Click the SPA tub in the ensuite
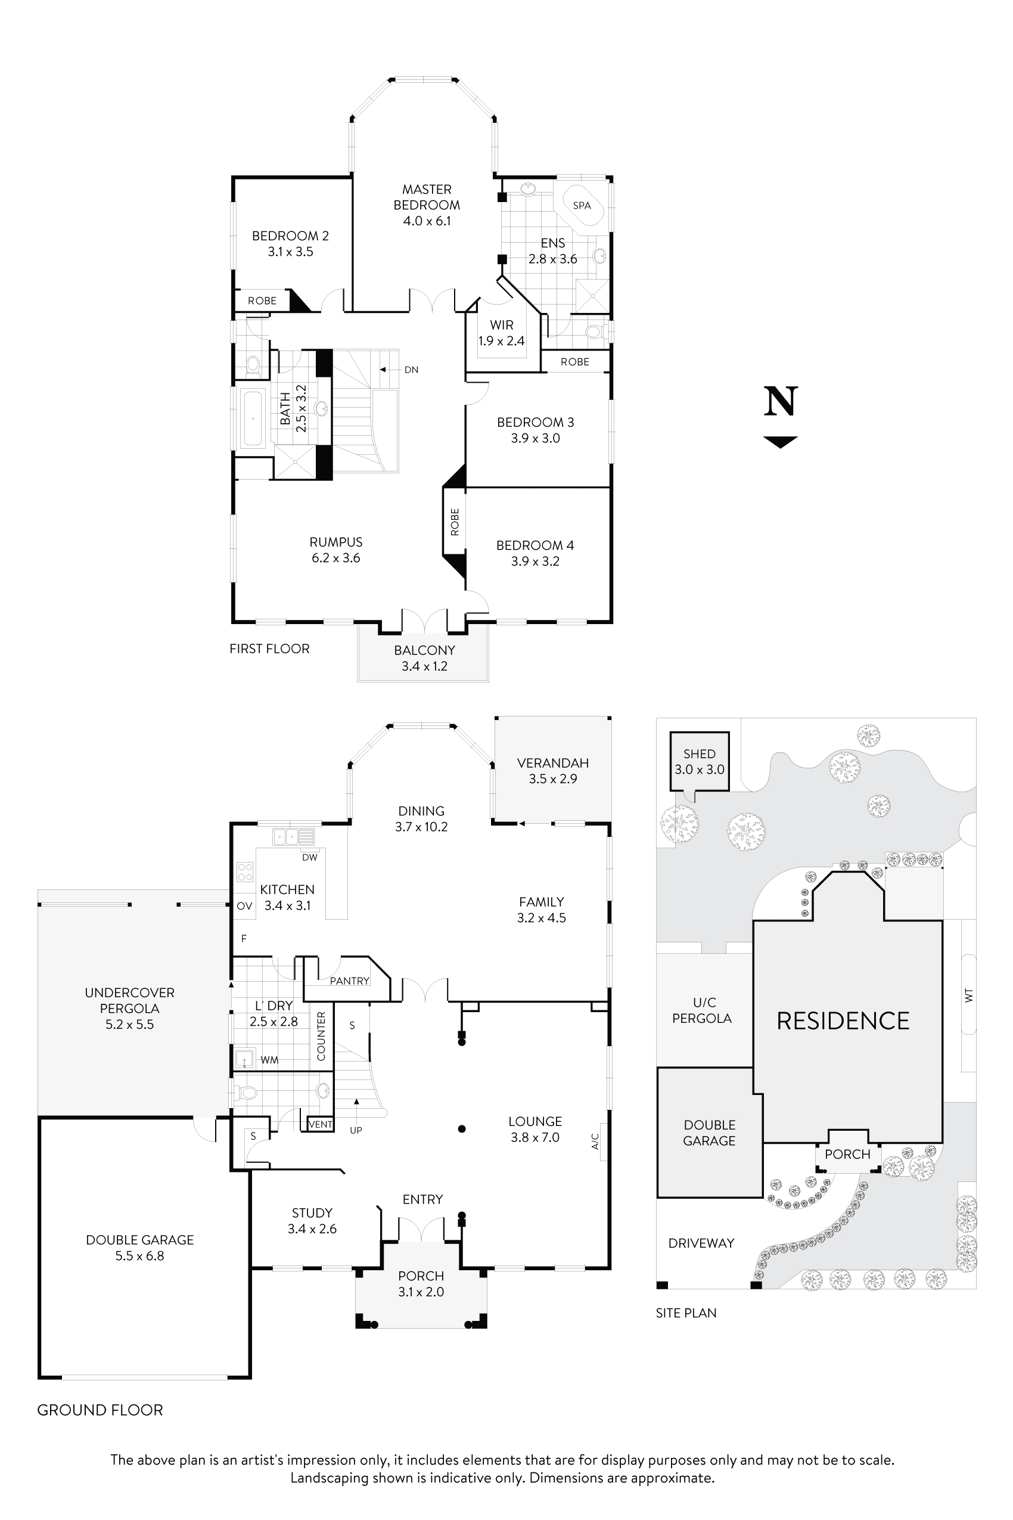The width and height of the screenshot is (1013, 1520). tap(582, 206)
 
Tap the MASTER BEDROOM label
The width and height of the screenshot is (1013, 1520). tap(427, 198)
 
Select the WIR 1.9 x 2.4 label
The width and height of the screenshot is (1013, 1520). tap(501, 333)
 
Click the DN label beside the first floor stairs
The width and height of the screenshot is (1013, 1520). tap(412, 370)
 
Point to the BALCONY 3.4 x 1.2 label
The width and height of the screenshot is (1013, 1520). tap(424, 658)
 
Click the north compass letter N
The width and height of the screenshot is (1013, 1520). tap(781, 402)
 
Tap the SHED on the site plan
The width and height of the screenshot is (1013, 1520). tap(699, 761)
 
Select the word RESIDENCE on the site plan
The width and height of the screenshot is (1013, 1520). tap(843, 1021)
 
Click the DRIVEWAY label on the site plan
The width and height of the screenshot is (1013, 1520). tap(701, 1243)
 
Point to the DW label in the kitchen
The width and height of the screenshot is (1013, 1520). tap(309, 858)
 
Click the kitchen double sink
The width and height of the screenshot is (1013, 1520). tap(293, 837)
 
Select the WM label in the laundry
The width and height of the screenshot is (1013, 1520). tap(269, 1060)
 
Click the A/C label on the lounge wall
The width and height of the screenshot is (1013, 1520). tap(596, 1141)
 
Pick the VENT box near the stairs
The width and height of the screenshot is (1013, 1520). tap(321, 1124)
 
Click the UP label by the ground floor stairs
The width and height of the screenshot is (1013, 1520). tap(356, 1130)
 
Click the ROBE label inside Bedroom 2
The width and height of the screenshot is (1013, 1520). tap(262, 301)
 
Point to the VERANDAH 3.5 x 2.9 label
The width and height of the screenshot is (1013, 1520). tap(552, 770)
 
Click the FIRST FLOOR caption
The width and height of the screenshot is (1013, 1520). tap(269, 649)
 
